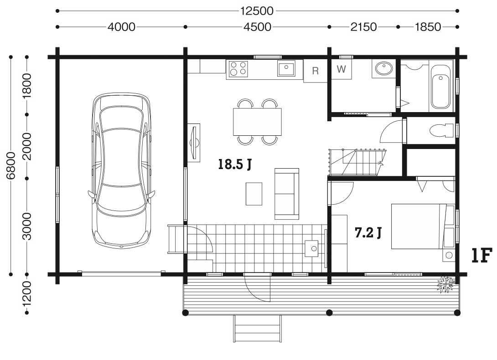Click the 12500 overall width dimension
pyautogui.click(x=257, y=11)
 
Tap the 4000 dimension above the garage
pyautogui.click(x=121, y=27)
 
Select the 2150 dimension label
pyautogui.click(x=363, y=27)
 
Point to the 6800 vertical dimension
pyautogui.click(x=11, y=165)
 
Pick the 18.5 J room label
pyautogui.click(x=235, y=164)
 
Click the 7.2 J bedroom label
pyautogui.click(x=368, y=233)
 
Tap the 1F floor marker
pyautogui.click(x=482, y=256)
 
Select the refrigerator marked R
pyautogui.click(x=315, y=71)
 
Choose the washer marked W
pyautogui.click(x=342, y=69)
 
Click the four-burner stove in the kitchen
pyautogui.click(x=238, y=69)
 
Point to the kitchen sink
pyautogui.click(x=286, y=68)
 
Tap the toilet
pyautogui.click(x=442, y=130)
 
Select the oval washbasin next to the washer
pyautogui.click(x=384, y=68)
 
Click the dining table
pyautogui.click(x=257, y=122)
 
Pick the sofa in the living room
pyautogui.click(x=286, y=194)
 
